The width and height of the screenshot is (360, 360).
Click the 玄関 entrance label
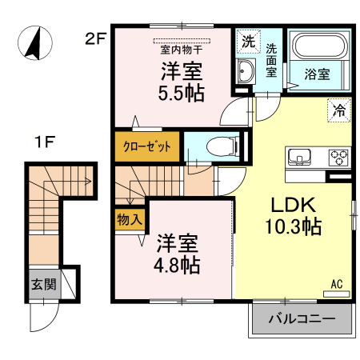click(43, 283)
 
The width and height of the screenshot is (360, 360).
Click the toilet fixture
click(223, 146)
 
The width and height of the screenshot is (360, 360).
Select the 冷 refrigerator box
click(338, 111)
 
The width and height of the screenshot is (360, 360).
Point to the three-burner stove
click(338, 155)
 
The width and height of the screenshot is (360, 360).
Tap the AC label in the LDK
click(338, 282)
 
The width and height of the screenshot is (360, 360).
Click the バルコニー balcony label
click(302, 320)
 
